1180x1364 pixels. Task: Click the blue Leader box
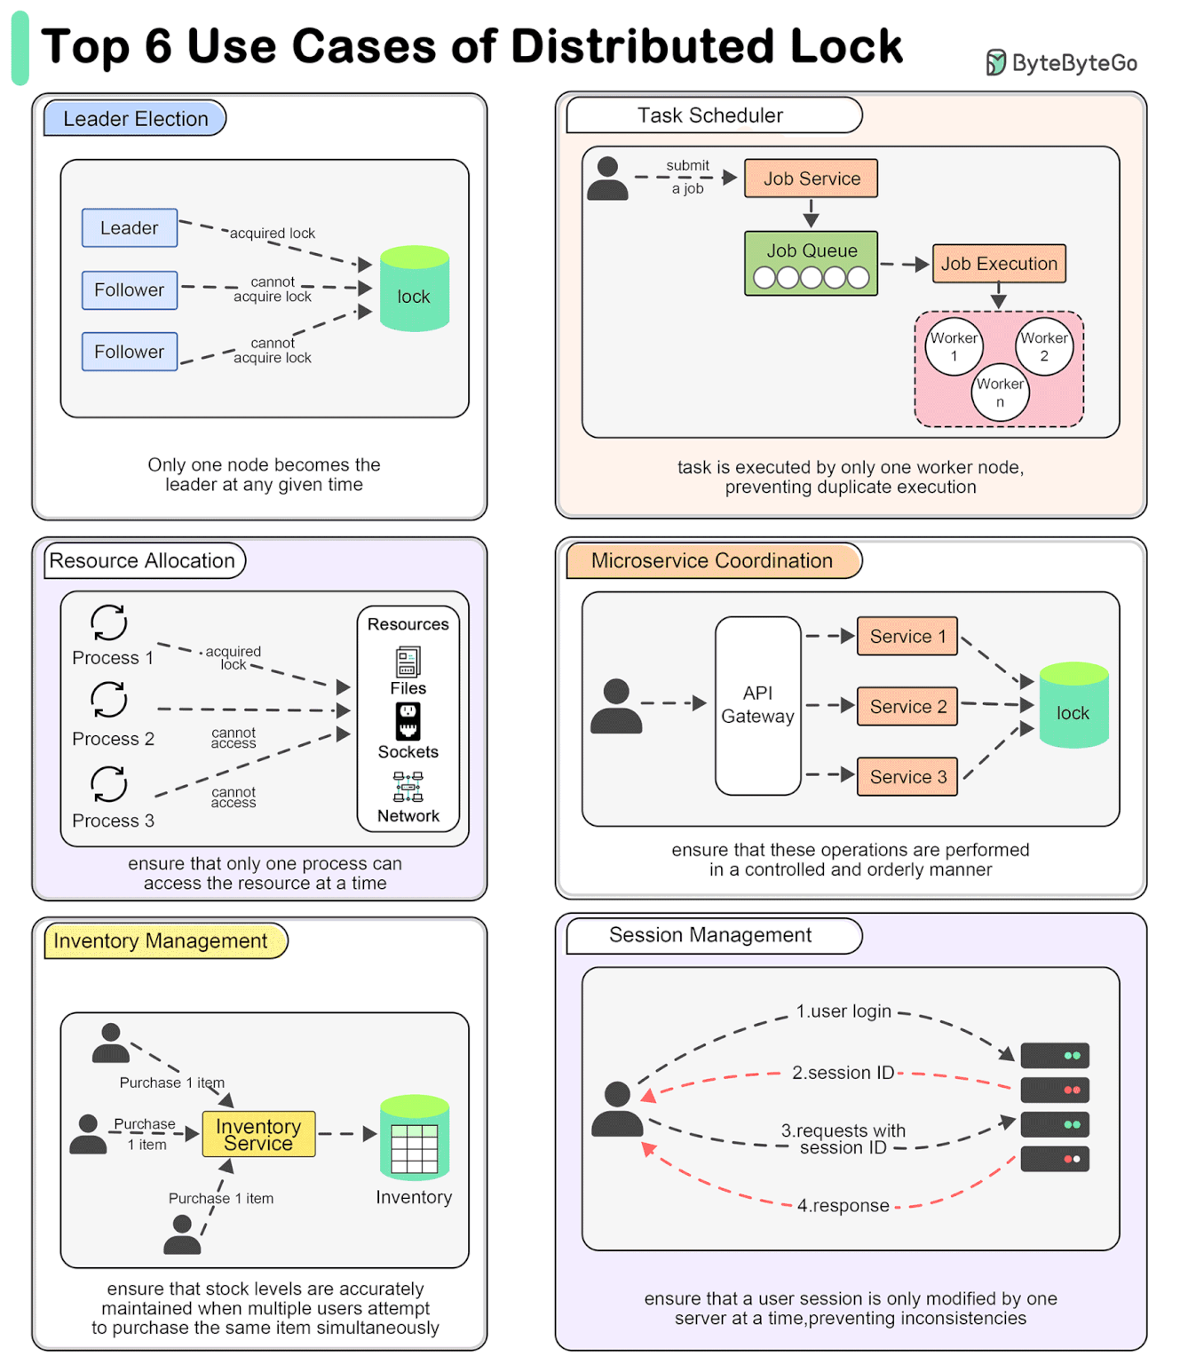(130, 228)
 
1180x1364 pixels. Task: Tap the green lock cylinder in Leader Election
(414, 289)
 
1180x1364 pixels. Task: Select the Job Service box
(811, 178)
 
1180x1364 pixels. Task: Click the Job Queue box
(811, 263)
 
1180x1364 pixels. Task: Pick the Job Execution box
(998, 264)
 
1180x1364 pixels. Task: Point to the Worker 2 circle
(1043, 346)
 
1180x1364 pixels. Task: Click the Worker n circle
(1000, 393)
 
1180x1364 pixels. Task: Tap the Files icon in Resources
(408, 662)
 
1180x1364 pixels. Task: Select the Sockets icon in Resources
(408, 721)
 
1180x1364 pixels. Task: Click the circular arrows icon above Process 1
(109, 623)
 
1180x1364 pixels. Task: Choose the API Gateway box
(757, 705)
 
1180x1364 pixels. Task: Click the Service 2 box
(907, 707)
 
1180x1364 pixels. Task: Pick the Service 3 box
(907, 777)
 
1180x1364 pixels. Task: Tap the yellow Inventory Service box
(258, 1134)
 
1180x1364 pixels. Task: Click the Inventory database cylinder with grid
(414, 1138)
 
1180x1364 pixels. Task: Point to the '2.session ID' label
(843, 1073)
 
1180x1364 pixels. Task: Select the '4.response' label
(843, 1205)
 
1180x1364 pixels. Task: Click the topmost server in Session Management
(1054, 1056)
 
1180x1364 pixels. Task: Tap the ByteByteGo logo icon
(996, 63)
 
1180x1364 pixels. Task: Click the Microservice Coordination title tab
(713, 561)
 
